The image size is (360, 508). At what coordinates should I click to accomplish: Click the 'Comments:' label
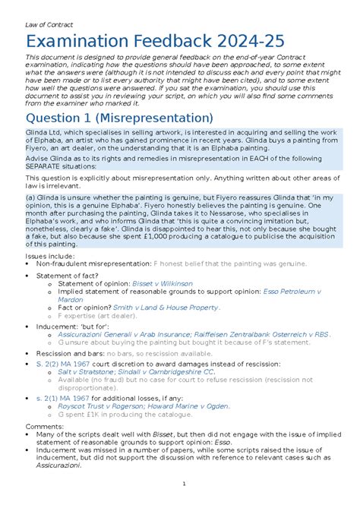[x=44, y=427]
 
